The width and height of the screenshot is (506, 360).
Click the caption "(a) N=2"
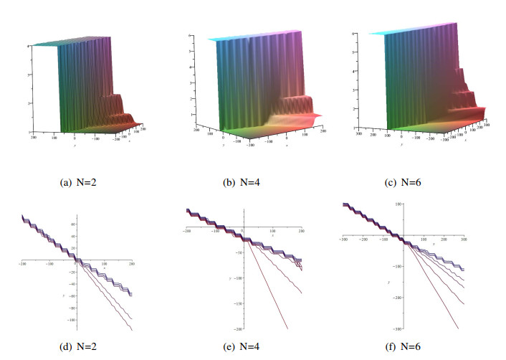pos(85,183)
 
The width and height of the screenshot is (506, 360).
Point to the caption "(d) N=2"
pos(85,349)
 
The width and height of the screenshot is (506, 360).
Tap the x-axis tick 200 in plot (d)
pos(131,267)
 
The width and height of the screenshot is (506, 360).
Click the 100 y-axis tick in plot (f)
pos(396,204)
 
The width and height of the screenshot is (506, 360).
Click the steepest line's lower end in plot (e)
pos(287,329)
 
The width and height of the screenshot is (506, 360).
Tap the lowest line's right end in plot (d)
pos(133,329)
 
